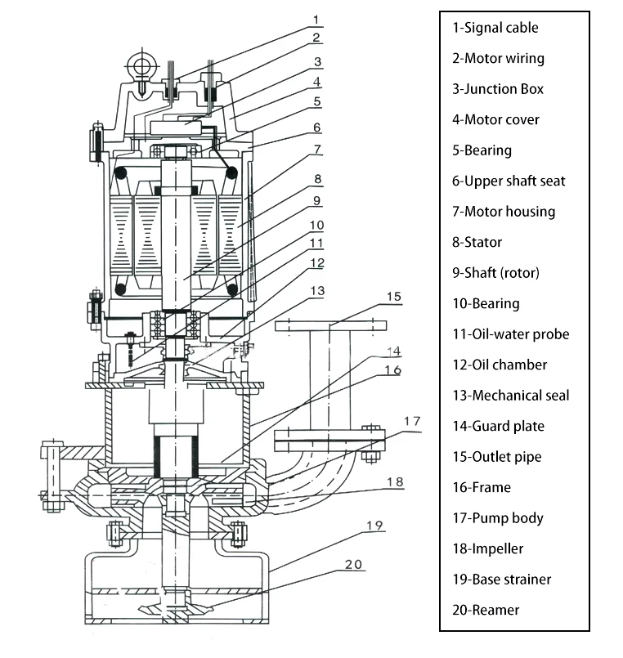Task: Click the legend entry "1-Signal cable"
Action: pyautogui.click(x=495, y=28)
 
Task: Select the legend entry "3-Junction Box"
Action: pyautogui.click(x=499, y=89)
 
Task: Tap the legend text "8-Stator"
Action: pyautogui.click(x=477, y=242)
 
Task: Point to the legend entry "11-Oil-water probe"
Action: pyautogui.click(x=510, y=333)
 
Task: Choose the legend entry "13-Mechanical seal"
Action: pyautogui.click(x=510, y=395)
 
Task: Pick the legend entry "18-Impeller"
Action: pyautogui.click(x=488, y=548)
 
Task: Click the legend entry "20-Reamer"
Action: pyautogui.click(x=486, y=610)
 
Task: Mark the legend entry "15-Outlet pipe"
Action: pyautogui.click(x=496, y=456)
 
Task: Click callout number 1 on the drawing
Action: pyautogui.click(x=316, y=18)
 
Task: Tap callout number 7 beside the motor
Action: pyautogui.click(x=316, y=150)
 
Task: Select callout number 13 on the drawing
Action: pyautogui.click(x=316, y=290)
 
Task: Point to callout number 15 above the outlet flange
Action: pyautogui.click(x=394, y=296)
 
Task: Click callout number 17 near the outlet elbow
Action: pyautogui.click(x=412, y=421)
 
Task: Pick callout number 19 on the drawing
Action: pyautogui.click(x=374, y=526)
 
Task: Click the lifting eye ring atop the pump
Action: pyautogui.click(x=144, y=65)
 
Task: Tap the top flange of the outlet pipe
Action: pyautogui.click(x=329, y=326)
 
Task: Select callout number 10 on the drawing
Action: pyautogui.click(x=316, y=223)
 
